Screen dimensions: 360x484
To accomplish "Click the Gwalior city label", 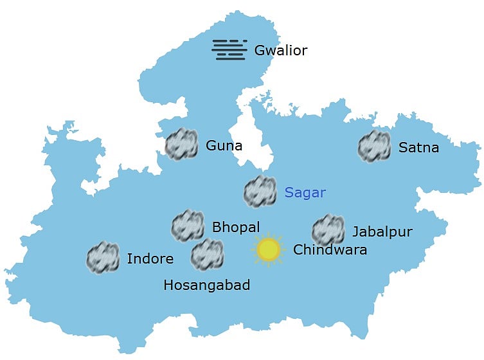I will [281, 50].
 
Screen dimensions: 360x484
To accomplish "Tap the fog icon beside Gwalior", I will [229, 50].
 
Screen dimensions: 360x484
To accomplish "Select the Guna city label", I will [224, 145].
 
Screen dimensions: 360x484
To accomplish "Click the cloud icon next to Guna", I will [181, 144].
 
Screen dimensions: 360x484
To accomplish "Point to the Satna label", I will [418, 148].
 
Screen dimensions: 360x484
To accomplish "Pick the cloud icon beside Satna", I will [374, 146].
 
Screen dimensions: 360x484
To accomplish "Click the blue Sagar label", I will [305, 192].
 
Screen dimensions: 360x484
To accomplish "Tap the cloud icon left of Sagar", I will [260, 191].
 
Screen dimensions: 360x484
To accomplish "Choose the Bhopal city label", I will [236, 227].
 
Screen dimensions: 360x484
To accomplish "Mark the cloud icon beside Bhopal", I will [188, 226].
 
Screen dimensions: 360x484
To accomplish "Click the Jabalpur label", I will [382, 231].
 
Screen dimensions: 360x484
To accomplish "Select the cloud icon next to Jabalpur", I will [328, 230].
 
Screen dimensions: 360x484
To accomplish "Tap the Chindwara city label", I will [330, 249].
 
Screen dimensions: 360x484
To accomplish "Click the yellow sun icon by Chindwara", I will [268, 249].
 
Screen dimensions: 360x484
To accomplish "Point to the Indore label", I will [150, 259].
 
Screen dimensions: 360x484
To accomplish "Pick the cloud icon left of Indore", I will [103, 257].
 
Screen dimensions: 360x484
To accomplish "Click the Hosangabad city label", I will [206, 285].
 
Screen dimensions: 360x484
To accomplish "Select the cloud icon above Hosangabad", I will [208, 255].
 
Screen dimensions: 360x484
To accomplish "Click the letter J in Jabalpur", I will [355, 232].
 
